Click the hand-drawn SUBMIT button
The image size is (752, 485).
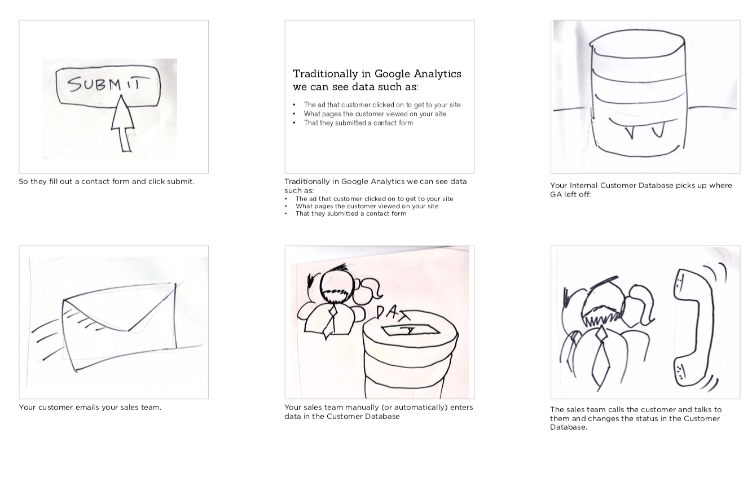pos(108,86)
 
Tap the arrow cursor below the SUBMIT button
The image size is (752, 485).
pos(123,123)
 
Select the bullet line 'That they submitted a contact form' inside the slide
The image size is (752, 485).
pos(358,123)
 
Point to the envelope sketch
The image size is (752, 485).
pos(119,327)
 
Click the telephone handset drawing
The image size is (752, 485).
pos(693,327)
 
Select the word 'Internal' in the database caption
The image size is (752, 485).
pos(584,186)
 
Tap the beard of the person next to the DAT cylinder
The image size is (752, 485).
pos(336,295)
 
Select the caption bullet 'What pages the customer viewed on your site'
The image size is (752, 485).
pos(367,207)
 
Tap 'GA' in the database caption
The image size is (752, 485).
pos(556,195)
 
